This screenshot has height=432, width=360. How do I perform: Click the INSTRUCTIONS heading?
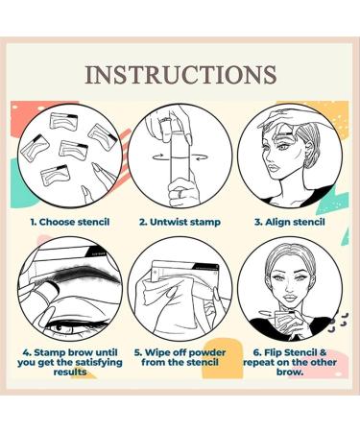coord(180,74)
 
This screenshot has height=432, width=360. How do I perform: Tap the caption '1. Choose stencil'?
coord(69,222)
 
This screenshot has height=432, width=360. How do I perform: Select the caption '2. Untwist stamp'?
coord(181,222)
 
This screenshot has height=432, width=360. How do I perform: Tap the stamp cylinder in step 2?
coord(180,168)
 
